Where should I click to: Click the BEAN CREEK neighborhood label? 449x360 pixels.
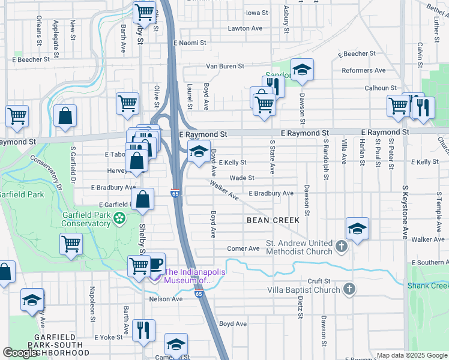click(273, 220)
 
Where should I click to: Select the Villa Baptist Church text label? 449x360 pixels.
click(304, 290)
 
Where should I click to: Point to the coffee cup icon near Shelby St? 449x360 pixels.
click(155, 263)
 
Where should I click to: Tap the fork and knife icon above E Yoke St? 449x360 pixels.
click(143, 330)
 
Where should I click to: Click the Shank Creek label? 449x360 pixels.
click(427, 286)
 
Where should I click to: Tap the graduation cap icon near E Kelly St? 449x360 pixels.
click(199, 151)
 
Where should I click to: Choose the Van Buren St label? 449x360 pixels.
click(225, 66)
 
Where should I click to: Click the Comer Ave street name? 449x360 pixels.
click(243, 248)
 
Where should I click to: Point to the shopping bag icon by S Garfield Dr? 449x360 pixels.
click(65, 116)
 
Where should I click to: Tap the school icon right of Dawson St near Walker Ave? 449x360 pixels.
click(357, 228)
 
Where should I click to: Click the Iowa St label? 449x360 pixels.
click(256, 13)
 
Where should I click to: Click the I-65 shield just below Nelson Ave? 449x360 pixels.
click(198, 293)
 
